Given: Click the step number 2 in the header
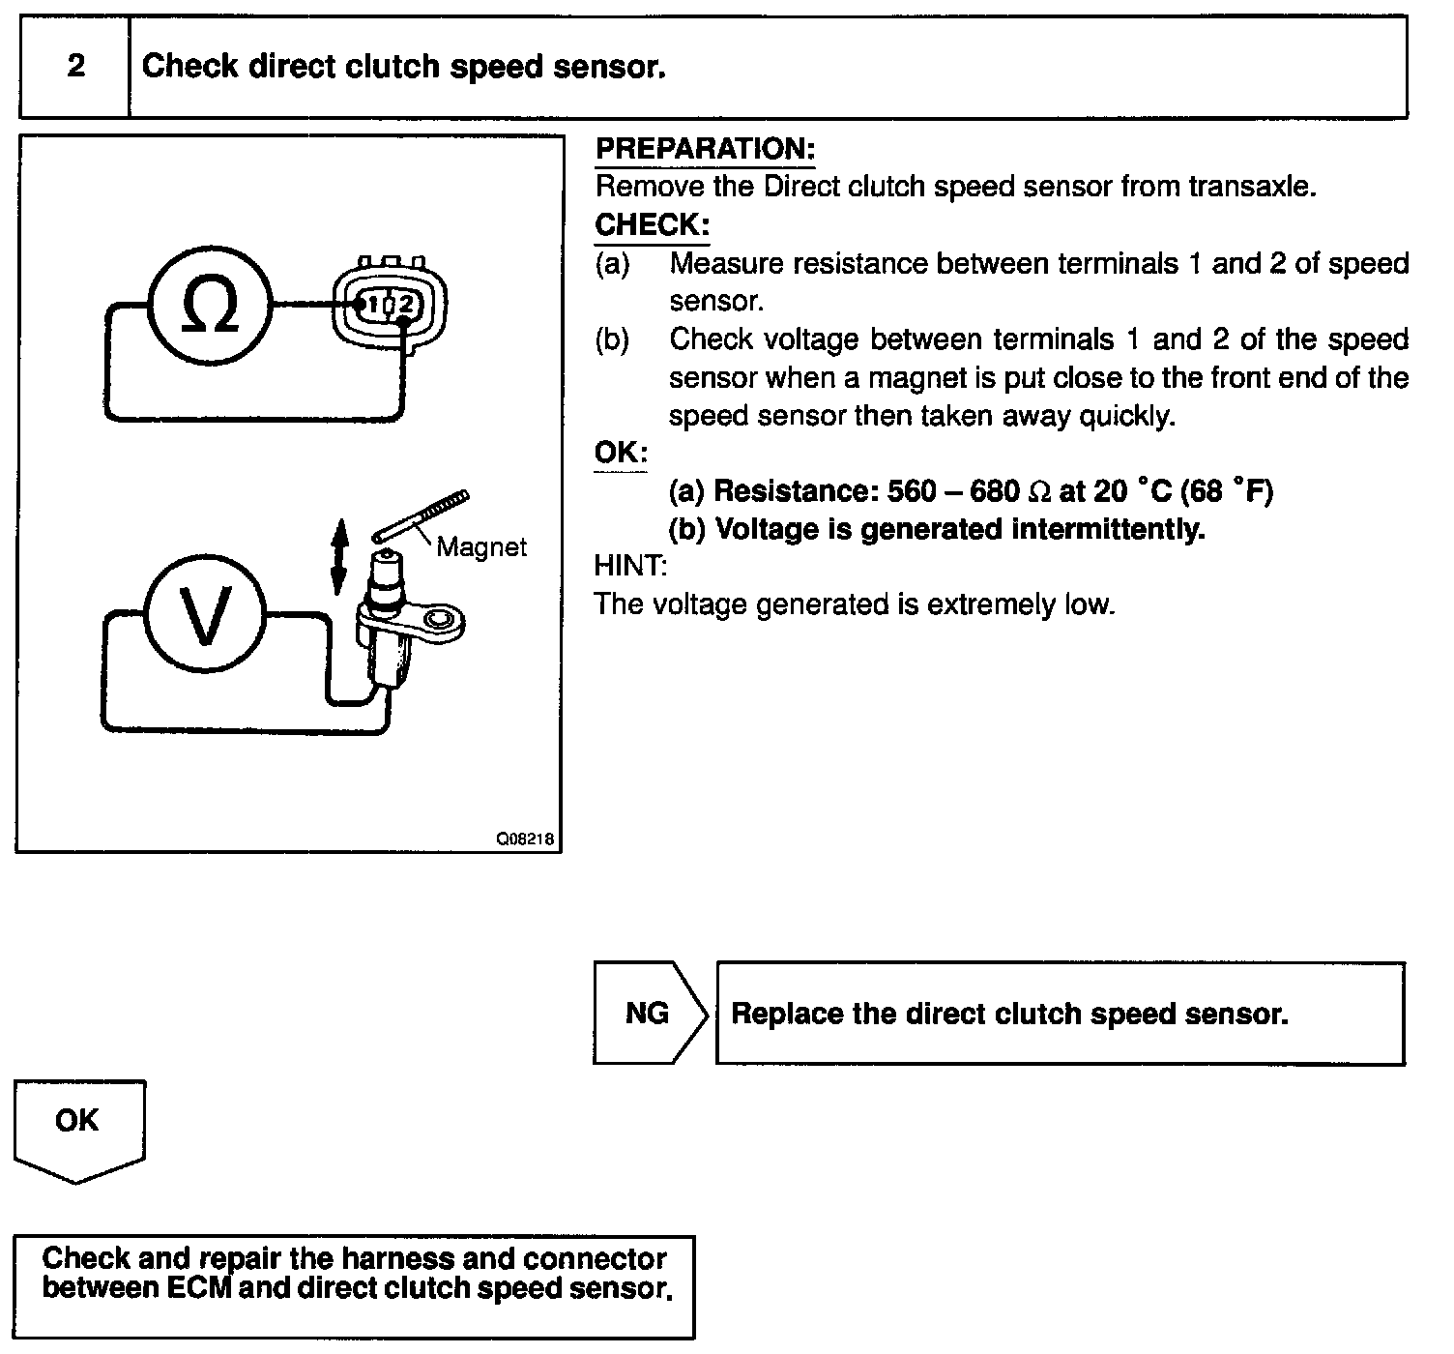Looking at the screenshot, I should (75, 66).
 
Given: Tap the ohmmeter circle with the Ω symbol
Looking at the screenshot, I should (211, 305).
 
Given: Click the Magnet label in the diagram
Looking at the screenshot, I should (481, 547).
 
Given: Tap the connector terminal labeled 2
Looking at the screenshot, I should (406, 305).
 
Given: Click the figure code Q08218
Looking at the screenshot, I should (525, 839).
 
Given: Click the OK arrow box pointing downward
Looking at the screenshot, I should (77, 1126).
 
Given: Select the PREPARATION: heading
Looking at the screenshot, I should (705, 149).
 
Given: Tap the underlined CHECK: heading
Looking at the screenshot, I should (652, 224).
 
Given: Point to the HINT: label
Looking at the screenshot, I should (630, 566).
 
